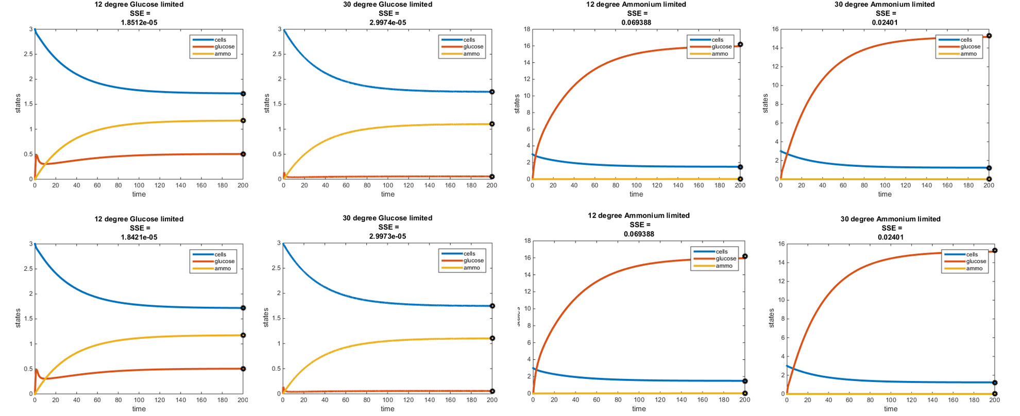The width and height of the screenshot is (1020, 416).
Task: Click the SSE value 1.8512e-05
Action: click(x=139, y=23)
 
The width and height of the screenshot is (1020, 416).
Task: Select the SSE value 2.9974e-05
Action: click(x=388, y=23)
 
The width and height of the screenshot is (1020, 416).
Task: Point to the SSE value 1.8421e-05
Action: click(x=139, y=237)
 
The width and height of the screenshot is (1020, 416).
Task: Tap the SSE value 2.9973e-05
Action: click(x=388, y=236)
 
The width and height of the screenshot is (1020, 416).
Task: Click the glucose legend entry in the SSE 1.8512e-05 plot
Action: click(x=224, y=47)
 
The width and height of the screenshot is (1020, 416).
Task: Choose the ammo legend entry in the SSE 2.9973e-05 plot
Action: click(x=471, y=268)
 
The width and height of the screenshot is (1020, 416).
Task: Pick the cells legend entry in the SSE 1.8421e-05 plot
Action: click(x=220, y=254)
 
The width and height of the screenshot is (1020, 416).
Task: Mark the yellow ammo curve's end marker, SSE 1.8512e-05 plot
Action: click(x=243, y=120)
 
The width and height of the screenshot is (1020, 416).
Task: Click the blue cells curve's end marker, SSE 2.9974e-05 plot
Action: click(x=492, y=92)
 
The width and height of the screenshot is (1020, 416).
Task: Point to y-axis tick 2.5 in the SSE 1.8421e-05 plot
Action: click(x=28, y=269)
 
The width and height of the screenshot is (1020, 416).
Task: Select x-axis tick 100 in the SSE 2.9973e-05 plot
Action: click(x=387, y=400)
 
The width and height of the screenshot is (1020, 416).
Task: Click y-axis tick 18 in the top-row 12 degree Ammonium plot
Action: click(x=527, y=29)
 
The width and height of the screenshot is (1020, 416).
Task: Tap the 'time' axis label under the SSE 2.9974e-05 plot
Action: click(x=388, y=194)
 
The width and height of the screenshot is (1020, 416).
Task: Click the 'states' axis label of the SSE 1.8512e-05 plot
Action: click(x=18, y=103)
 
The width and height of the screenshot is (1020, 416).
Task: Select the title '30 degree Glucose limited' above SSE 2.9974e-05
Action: click(x=388, y=5)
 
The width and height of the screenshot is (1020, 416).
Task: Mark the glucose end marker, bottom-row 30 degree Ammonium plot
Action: click(x=995, y=250)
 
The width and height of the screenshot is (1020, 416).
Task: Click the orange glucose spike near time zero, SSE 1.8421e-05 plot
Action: click(x=36, y=370)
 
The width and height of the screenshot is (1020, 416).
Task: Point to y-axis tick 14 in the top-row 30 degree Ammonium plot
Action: click(x=775, y=48)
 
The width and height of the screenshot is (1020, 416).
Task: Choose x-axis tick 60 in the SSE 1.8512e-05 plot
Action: click(x=97, y=185)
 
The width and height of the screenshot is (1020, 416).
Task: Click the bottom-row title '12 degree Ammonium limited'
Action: click(x=639, y=216)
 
